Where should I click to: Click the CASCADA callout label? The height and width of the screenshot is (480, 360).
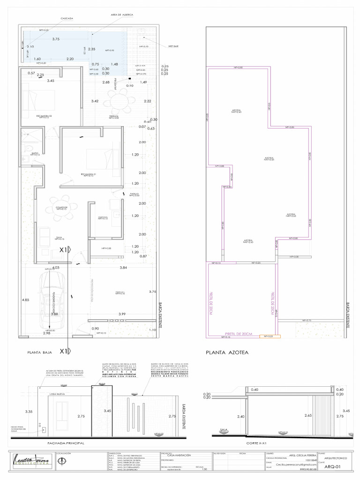point(67,19)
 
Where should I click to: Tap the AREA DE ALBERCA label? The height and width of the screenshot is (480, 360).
point(121,15)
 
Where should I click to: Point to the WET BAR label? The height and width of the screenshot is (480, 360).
point(173,46)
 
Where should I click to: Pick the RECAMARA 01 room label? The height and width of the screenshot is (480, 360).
point(88,175)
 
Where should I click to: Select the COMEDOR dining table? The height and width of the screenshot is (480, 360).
point(61,207)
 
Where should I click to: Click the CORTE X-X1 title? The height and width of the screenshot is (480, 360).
point(256,443)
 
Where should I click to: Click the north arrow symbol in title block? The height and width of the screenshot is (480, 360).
point(61,461)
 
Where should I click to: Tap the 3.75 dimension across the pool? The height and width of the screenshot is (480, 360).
point(56,39)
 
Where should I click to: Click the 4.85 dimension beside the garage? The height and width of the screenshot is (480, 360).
point(25,300)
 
